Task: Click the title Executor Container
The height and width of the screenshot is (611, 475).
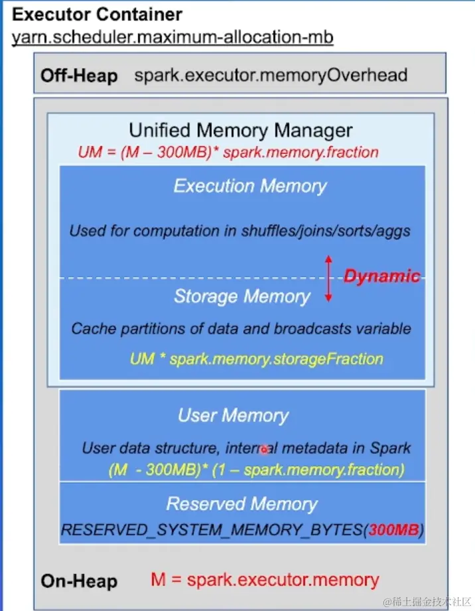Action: [97, 14]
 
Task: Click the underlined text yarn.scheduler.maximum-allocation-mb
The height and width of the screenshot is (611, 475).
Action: [172, 36]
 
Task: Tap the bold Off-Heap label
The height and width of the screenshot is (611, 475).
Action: [79, 76]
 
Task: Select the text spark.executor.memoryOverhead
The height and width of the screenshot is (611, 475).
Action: [271, 75]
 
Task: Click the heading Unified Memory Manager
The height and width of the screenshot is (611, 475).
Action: [241, 130]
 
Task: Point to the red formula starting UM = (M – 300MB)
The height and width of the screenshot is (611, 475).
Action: [228, 152]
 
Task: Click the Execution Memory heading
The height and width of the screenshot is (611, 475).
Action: [250, 186]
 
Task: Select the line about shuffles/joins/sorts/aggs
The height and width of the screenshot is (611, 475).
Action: [239, 232]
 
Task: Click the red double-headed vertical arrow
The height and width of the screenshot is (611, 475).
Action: [328, 279]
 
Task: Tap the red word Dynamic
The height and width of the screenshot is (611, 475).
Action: [381, 276]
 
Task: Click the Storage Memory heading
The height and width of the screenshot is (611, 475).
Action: [241, 297]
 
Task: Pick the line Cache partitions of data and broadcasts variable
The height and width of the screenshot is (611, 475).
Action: [241, 328]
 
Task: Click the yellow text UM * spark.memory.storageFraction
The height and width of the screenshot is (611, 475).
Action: [256, 360]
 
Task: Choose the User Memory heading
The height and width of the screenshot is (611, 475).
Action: [234, 416]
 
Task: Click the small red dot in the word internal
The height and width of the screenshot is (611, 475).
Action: [263, 449]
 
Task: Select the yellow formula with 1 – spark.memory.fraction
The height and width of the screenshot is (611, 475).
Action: [256, 470]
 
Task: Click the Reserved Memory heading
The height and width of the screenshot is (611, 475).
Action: [241, 504]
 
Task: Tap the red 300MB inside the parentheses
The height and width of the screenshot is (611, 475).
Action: [394, 530]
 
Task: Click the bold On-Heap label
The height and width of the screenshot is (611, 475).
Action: [79, 581]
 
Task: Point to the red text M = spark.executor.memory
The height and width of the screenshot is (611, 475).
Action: [265, 580]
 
